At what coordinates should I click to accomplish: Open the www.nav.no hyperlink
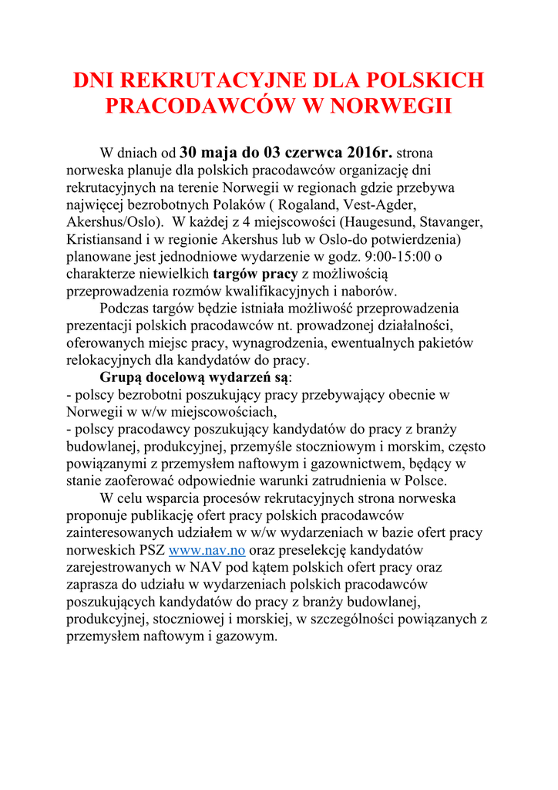click(x=207, y=550)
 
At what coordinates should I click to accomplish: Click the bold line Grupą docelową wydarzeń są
click(x=195, y=377)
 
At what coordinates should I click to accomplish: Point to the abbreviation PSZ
click(x=152, y=550)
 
